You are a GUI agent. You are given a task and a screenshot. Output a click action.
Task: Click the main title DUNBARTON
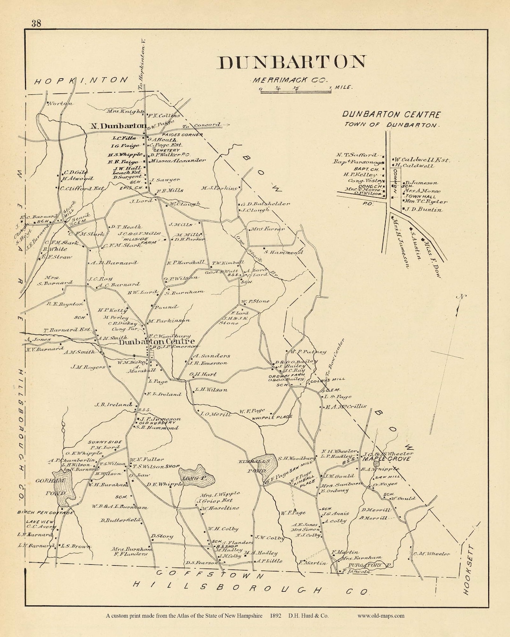[x=291, y=62]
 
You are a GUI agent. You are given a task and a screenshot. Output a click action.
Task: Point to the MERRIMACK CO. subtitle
[x=290, y=81]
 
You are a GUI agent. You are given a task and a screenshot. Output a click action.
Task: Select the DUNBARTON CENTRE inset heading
[x=391, y=115]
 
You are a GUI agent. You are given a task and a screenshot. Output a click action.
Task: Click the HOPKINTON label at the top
[x=82, y=80]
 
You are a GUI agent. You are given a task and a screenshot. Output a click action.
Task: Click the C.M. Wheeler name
[x=432, y=554]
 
